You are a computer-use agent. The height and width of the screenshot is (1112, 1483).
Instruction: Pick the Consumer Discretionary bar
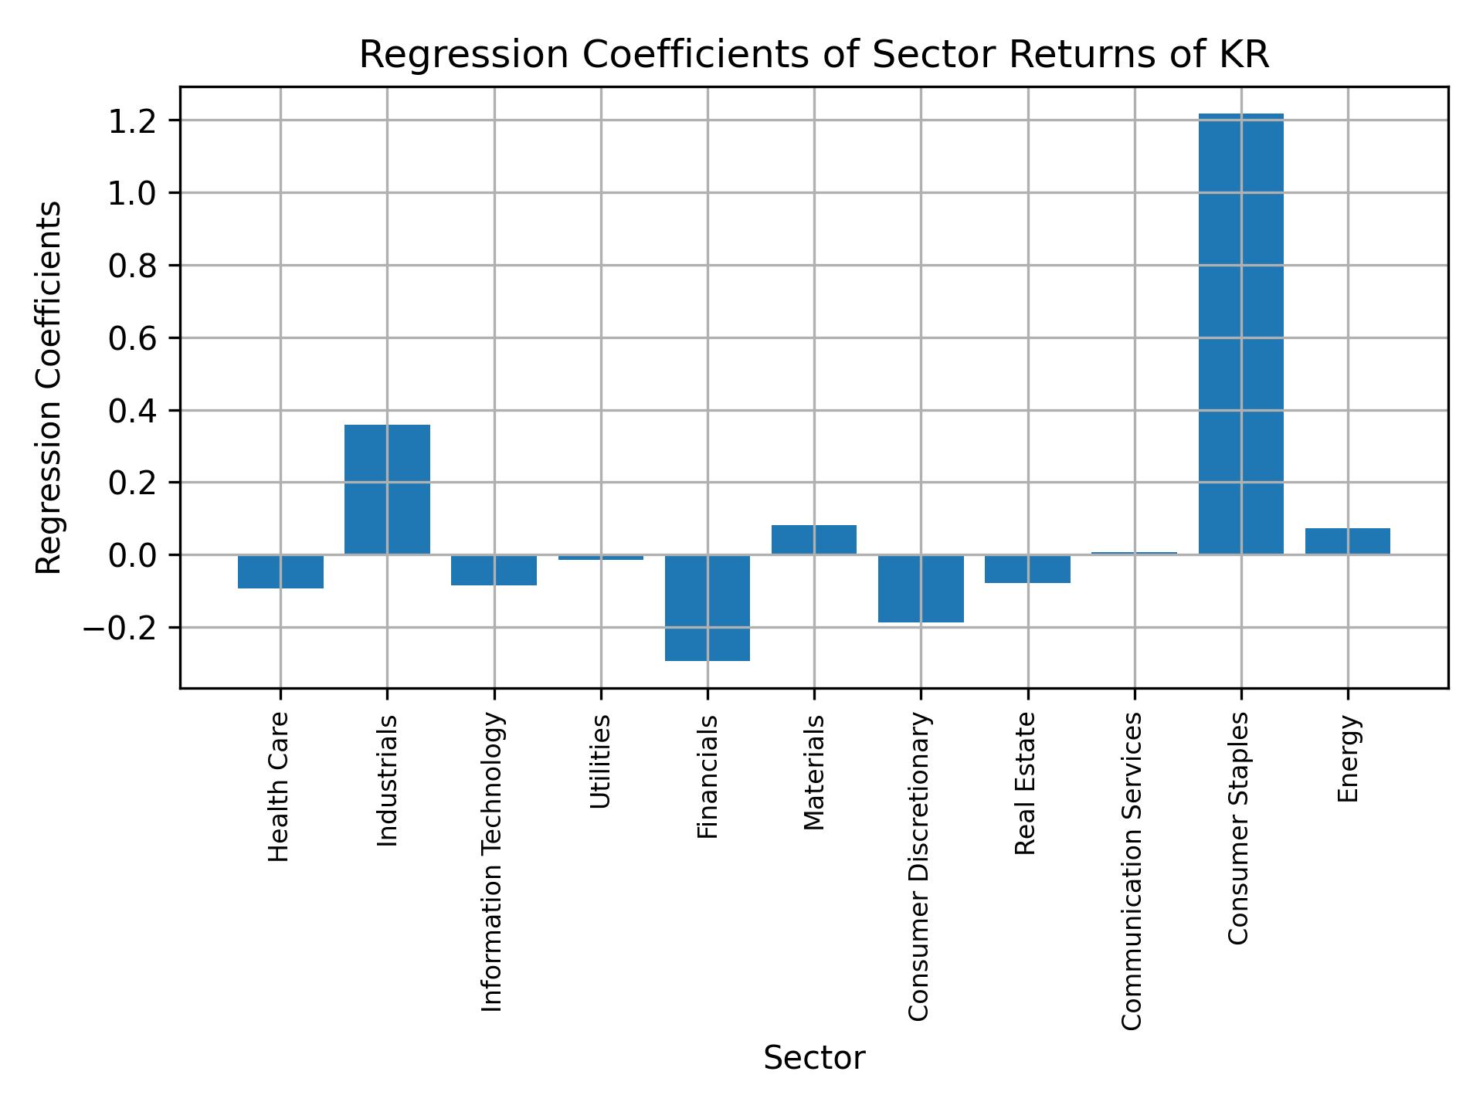(921, 588)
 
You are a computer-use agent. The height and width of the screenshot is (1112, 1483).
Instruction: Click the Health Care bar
(280, 571)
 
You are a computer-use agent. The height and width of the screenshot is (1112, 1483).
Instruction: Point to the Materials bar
(814, 539)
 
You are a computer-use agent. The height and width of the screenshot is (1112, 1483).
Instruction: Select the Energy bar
(1347, 541)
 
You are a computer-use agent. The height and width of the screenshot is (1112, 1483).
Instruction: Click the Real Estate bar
(1027, 568)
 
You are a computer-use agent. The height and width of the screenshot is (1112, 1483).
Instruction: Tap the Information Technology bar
(494, 570)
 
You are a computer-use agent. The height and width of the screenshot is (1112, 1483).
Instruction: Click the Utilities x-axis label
(600, 761)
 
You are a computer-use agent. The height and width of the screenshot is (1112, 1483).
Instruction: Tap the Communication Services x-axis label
(1132, 871)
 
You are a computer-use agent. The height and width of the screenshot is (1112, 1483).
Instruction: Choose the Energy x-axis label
(1347, 759)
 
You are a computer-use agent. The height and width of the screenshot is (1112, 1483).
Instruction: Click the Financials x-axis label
(708, 777)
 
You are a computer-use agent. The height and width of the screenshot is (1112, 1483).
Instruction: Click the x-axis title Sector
(814, 1058)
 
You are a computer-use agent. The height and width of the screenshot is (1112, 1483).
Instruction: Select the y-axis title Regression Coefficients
(49, 387)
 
